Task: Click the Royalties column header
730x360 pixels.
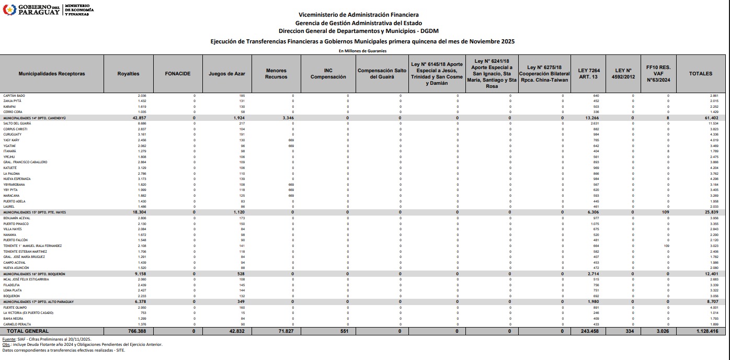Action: pyautogui.click(x=128, y=74)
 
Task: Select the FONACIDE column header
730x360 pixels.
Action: pyautogui.click(x=177, y=74)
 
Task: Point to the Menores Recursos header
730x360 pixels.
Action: pyautogui.click(x=276, y=74)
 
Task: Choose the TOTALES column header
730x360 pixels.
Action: pyautogui.click(x=701, y=74)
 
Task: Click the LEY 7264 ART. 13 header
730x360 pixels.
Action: pyautogui.click(x=589, y=74)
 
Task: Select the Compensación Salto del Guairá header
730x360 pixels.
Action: pyautogui.click(x=382, y=74)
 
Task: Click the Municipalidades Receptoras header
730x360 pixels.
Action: pyautogui.click(x=52, y=74)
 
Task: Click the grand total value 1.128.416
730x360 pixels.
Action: pyautogui.click(x=708, y=331)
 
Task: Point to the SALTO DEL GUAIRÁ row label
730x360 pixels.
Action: pyautogui.click(x=17, y=123)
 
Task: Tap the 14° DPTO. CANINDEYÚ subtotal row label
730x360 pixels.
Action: pyautogui.click(x=35, y=118)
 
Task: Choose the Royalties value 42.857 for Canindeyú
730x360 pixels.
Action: pyautogui.click(x=138, y=118)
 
